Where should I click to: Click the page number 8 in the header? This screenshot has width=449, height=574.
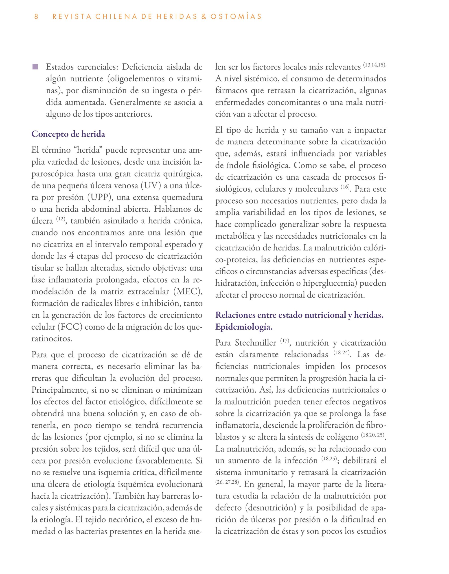[36, 17]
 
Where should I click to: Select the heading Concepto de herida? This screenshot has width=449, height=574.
[68, 134]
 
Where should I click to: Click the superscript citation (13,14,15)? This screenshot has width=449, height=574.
[375, 65]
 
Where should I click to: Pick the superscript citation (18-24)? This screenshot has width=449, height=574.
[342, 353]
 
